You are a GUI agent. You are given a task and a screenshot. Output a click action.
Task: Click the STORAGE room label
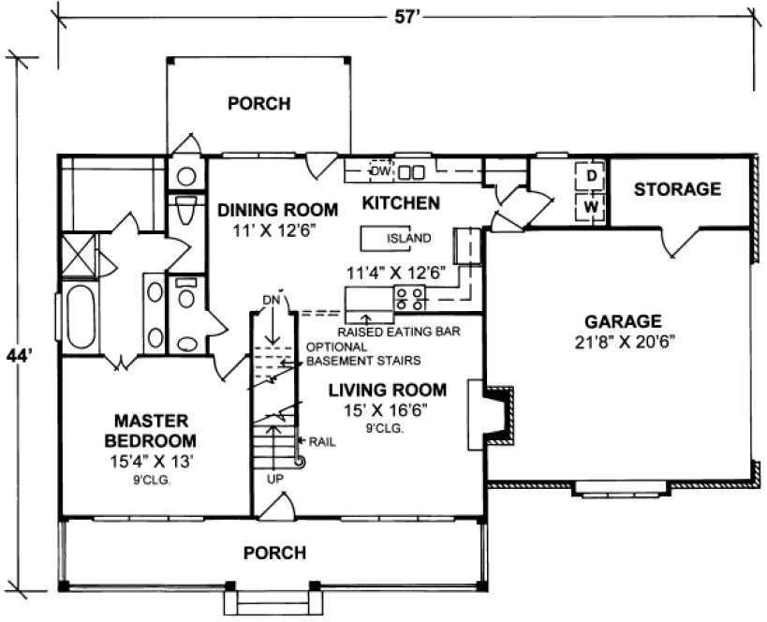(x=677, y=189)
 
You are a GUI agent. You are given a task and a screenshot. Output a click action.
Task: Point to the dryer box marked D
(x=592, y=176)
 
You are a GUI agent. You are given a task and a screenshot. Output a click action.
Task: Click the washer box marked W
(x=592, y=205)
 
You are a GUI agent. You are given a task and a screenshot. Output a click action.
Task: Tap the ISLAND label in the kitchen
(x=408, y=238)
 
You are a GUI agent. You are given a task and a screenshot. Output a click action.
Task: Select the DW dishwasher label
(x=379, y=170)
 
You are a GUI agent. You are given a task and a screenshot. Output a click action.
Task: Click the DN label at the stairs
(x=272, y=299)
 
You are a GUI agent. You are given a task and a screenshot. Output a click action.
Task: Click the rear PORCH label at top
(x=259, y=103)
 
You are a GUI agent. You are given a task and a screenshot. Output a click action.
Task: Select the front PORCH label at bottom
(x=273, y=553)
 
